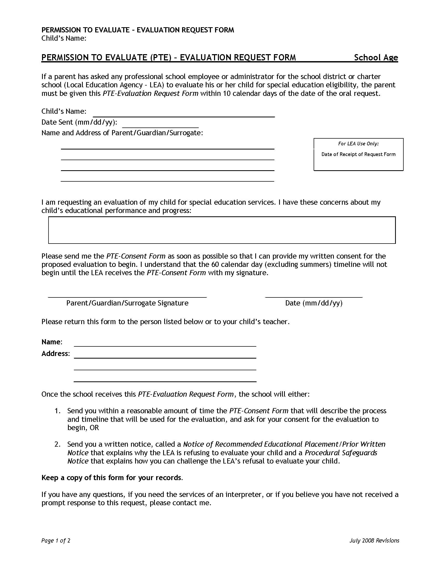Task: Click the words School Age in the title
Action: [376, 58]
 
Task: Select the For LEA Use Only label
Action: [358, 144]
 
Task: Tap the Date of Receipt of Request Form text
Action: [358, 154]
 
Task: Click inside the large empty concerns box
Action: [222, 230]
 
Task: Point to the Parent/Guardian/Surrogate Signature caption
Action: [127, 303]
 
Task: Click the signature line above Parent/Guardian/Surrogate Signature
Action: [127, 296]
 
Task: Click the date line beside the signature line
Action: [314, 296]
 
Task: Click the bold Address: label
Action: [56, 353]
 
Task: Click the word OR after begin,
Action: [94, 427]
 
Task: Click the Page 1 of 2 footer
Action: [56, 540]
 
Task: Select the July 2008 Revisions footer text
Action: [374, 540]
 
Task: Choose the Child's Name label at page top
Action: [64, 38]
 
